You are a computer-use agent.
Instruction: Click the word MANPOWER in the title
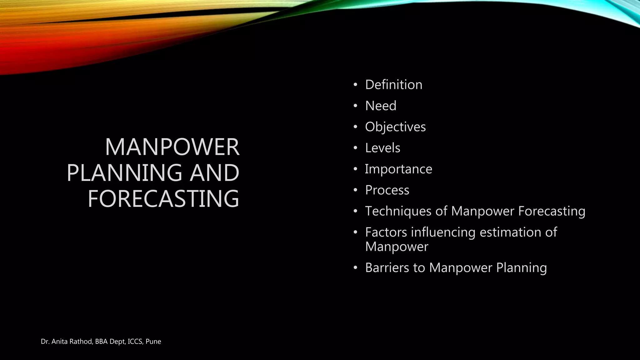coord(172,147)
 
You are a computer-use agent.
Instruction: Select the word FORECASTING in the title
coord(163,199)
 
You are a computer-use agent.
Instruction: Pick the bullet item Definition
coord(393,85)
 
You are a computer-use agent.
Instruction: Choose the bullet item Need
coord(381,106)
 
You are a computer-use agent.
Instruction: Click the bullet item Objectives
coord(395,127)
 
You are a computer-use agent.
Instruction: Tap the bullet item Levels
coord(382,148)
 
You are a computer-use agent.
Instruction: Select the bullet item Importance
coord(398,169)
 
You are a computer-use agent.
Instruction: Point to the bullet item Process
coord(387,190)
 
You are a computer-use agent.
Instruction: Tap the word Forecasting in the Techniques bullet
coord(552,211)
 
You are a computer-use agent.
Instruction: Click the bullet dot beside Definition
coord(355,85)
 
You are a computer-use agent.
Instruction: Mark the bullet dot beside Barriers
coord(355,268)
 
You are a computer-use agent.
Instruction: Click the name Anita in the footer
coord(59,342)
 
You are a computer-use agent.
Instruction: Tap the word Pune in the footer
coord(153,342)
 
